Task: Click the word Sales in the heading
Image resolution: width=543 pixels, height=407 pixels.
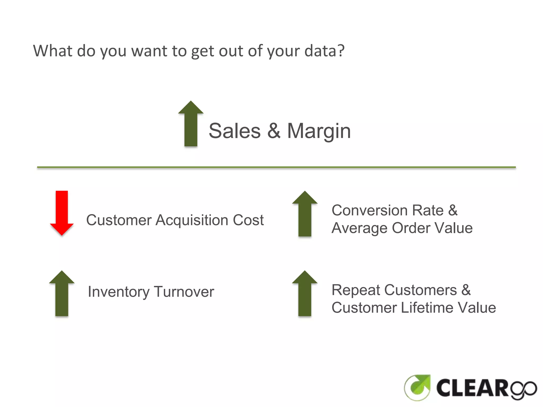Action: pyautogui.click(x=235, y=131)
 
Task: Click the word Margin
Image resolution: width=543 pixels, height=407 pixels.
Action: pyautogui.click(x=319, y=131)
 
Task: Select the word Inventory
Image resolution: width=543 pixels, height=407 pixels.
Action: pyautogui.click(x=119, y=292)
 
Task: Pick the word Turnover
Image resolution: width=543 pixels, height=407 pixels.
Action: pyautogui.click(x=184, y=292)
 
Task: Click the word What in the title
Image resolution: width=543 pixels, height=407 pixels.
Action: pyautogui.click(x=52, y=51)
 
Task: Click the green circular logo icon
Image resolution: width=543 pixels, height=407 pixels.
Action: pyautogui.click(x=417, y=388)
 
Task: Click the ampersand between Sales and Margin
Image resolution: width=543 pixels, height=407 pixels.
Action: pyautogui.click(x=274, y=131)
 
